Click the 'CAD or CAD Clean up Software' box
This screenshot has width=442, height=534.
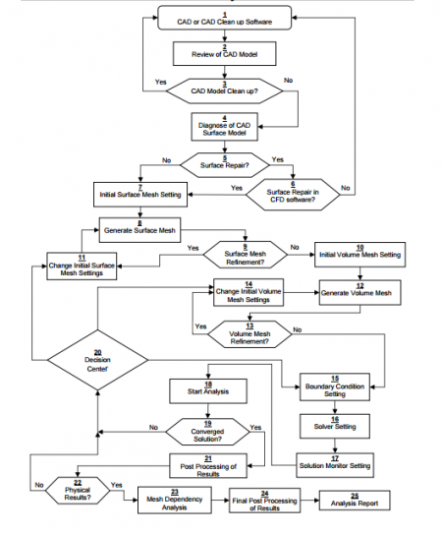pyautogui.click(x=225, y=18)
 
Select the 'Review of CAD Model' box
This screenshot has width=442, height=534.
pyautogui.click(x=225, y=53)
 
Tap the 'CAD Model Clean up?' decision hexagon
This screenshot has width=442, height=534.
pyautogui.click(x=225, y=90)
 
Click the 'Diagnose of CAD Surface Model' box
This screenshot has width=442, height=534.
pyautogui.click(x=225, y=127)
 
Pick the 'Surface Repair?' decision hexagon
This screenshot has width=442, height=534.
pyautogui.click(x=225, y=165)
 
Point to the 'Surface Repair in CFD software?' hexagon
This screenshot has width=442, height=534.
pyautogui.click(x=293, y=195)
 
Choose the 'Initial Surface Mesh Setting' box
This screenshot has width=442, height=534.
pyautogui.click(x=140, y=195)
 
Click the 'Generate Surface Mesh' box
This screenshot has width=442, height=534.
pyautogui.click(x=139, y=230)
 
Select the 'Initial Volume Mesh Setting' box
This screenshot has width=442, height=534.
pyautogui.click(x=360, y=255)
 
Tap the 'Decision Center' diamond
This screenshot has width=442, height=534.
pyautogui.click(x=97, y=360)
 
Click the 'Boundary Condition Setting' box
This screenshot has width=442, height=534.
pyautogui.click(x=335, y=386)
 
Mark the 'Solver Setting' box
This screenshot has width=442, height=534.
pyautogui.click(x=335, y=426)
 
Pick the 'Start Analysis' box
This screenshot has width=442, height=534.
pyautogui.click(x=208, y=391)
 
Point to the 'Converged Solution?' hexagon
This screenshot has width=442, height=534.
pyautogui.click(x=208, y=432)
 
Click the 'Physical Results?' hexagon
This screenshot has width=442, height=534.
pyautogui.click(x=78, y=491)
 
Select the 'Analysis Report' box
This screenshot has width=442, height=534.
pyautogui.click(x=355, y=501)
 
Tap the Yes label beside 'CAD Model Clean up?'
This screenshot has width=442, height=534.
pyautogui.click(x=161, y=82)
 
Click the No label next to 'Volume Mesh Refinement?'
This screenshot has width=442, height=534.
pyautogui.click(x=298, y=329)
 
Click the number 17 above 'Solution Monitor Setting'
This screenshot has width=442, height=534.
pyautogui.click(x=335, y=458)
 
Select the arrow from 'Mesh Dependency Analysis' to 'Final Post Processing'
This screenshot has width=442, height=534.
pyautogui.click(x=220, y=501)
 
